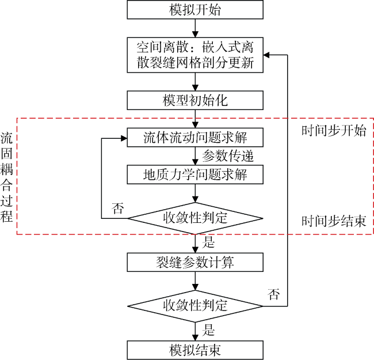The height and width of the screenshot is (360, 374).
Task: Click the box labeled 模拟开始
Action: coord(195,10)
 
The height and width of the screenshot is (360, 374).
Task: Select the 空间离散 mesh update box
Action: coord(195,55)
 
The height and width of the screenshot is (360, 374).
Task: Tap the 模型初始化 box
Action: coord(195,100)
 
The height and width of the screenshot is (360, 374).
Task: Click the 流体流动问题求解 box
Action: coord(195,138)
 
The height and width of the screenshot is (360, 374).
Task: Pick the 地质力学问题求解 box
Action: coord(195,175)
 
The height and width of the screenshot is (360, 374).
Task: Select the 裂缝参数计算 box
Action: coord(195,262)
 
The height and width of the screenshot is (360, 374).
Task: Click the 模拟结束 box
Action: coord(195,350)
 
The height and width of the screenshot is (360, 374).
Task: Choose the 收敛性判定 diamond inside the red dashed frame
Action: coord(195,218)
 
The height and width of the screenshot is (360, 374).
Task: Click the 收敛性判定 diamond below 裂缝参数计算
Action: coord(195,306)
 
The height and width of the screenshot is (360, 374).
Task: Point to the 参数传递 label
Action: coord(228,156)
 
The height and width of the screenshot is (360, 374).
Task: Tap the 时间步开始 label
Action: coord(334,131)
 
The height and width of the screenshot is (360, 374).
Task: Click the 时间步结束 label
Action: coord(334,221)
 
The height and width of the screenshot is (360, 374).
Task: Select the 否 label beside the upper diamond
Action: coord(118,208)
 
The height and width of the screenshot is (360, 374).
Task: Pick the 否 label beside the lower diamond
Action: coord(273,294)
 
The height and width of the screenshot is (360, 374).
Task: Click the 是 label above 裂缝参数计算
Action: coord(208,242)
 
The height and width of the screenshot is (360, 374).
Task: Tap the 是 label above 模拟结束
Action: coord(208,330)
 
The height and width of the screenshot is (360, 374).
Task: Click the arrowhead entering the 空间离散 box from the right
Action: coord(266,55)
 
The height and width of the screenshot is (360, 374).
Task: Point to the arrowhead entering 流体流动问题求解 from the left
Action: coord(124,138)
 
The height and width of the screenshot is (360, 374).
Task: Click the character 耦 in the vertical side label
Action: coord(6,169)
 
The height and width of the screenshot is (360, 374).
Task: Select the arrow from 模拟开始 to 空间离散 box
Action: coord(195,28)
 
